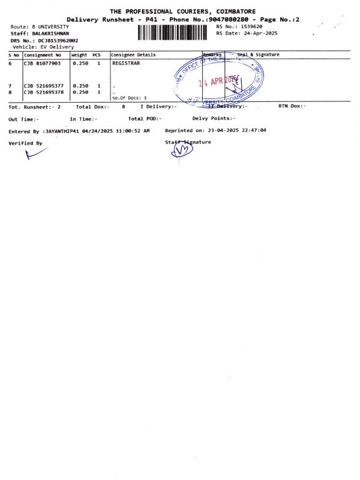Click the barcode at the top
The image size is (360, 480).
175,32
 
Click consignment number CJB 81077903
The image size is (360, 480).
42,62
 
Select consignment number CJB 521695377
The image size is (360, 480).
43,86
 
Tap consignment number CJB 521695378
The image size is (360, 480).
43,92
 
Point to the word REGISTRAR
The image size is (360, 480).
126,62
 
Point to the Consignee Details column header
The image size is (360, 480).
133,55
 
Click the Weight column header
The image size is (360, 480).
80,55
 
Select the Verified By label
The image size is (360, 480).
25,143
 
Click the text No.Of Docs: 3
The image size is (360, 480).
129,97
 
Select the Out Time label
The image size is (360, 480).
22,119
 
